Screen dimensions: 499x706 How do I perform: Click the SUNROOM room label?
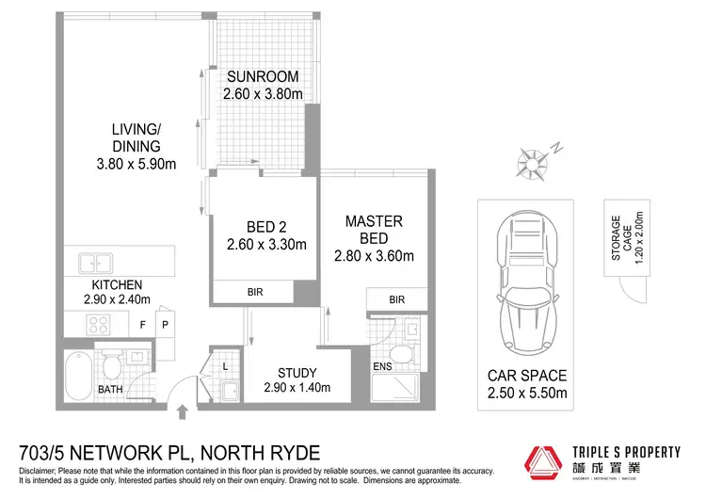pyautogui.click(x=261, y=77)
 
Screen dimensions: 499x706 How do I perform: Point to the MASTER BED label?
pyautogui.click(x=374, y=229)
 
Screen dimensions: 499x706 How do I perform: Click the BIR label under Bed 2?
pyautogui.click(x=255, y=293)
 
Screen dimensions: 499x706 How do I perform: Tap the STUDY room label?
pyautogui.click(x=297, y=372)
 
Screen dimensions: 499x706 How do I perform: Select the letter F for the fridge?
pyautogui.click(x=142, y=324)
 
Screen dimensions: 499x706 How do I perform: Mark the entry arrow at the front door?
pyautogui.click(x=182, y=409)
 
